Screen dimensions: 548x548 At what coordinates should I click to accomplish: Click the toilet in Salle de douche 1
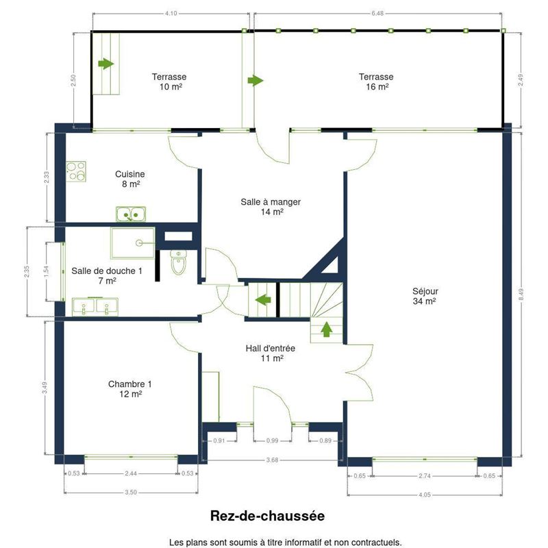[179, 262]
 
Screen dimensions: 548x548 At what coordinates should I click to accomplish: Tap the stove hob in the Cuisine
[76, 171]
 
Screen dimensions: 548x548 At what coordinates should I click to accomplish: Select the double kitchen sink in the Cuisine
[131, 214]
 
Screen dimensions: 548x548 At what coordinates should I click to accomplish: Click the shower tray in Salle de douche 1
[132, 243]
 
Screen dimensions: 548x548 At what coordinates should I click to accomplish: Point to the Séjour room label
[425, 296]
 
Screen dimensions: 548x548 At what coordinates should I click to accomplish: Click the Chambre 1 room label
[130, 389]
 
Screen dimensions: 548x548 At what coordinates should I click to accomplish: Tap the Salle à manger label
[271, 207]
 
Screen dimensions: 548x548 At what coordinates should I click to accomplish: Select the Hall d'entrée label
[271, 353]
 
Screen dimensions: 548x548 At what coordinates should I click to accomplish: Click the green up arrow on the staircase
[327, 329]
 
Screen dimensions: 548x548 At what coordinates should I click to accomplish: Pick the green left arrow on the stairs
[263, 299]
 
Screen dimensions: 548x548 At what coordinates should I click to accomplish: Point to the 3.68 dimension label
[272, 460]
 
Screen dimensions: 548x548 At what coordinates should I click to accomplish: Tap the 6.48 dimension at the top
[377, 13]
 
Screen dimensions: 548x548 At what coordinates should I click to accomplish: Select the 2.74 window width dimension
[425, 475]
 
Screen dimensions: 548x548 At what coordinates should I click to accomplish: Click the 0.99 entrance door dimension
[272, 440]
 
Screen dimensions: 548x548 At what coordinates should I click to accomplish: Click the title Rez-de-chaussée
[267, 516]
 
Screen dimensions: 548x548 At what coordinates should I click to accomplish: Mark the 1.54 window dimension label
[47, 271]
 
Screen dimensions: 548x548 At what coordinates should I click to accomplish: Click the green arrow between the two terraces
[256, 80]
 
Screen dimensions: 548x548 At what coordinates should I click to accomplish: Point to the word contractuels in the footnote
[380, 543]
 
